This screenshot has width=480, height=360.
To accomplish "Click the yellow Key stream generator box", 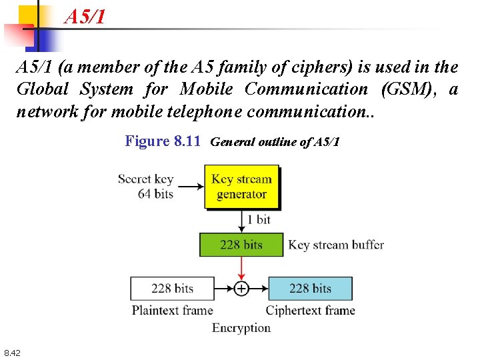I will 241,187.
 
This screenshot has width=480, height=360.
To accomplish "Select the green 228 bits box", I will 241,245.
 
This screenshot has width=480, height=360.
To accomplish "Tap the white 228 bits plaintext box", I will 172,289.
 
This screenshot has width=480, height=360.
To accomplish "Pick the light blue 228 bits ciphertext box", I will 310,289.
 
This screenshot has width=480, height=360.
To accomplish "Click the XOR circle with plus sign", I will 241,289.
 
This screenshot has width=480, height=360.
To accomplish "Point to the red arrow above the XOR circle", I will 241,269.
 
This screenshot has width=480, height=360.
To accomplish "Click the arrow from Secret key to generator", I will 191,187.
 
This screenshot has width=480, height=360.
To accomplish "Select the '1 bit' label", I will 259,219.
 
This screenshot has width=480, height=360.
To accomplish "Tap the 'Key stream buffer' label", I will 336,245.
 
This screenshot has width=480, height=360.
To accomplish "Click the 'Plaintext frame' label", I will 172,310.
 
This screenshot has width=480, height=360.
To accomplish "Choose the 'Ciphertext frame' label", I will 310,310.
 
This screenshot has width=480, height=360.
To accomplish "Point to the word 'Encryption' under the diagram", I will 241,327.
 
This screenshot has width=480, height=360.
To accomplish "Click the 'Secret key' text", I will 145,179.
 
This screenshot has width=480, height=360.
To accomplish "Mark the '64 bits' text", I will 155,194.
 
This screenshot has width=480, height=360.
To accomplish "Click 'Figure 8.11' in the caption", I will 163,141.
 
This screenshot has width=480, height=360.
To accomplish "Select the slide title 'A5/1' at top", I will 85,17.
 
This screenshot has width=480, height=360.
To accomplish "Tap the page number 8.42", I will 12,352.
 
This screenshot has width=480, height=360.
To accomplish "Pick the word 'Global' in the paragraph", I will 42,89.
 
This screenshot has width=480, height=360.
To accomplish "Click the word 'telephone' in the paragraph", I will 209,111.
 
